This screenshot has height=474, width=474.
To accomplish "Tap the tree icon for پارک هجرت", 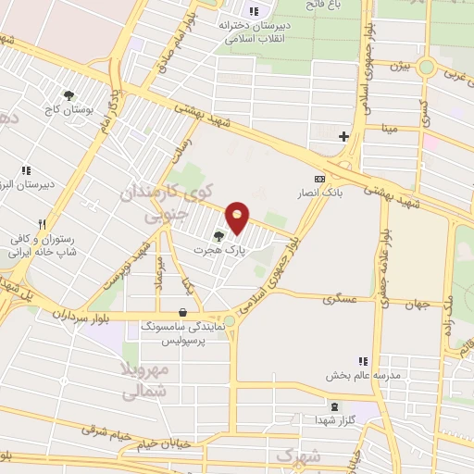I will coord(219,236).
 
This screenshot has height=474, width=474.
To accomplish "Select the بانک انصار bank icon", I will coord(319,179).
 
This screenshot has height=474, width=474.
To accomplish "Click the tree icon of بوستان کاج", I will coord(69,94).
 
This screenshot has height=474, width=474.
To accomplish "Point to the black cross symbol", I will coord(343,136).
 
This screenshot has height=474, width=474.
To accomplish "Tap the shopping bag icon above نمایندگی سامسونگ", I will coord(182,313).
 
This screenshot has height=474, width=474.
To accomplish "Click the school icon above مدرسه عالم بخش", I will coord(364,361).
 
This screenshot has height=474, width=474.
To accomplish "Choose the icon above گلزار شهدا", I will coord(335,406).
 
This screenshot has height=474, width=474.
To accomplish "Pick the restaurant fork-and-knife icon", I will coord(42,224).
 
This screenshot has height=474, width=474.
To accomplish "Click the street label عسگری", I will coord(339,300).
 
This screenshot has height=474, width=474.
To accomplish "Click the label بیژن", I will coord(398,66).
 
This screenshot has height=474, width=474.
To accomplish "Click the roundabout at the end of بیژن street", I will coord(426,67).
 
